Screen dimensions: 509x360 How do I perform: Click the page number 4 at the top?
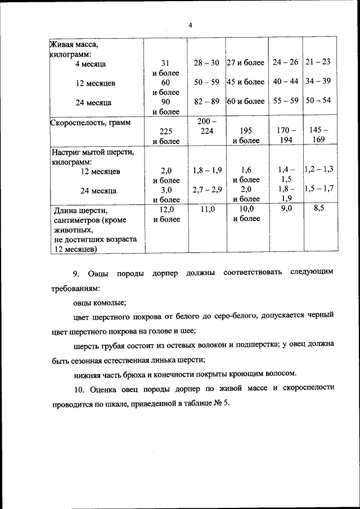point(190,25)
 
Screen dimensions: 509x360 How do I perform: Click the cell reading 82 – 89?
point(206,102)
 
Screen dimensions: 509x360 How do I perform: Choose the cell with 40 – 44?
point(285,82)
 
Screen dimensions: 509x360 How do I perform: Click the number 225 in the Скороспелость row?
point(165,130)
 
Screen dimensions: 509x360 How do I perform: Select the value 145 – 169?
point(318,135)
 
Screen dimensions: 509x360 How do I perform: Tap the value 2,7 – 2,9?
point(206,190)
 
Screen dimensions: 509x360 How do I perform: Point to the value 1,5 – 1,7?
point(318,189)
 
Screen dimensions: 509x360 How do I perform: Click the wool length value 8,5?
point(318,209)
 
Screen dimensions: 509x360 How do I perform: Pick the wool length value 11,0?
point(206,209)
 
